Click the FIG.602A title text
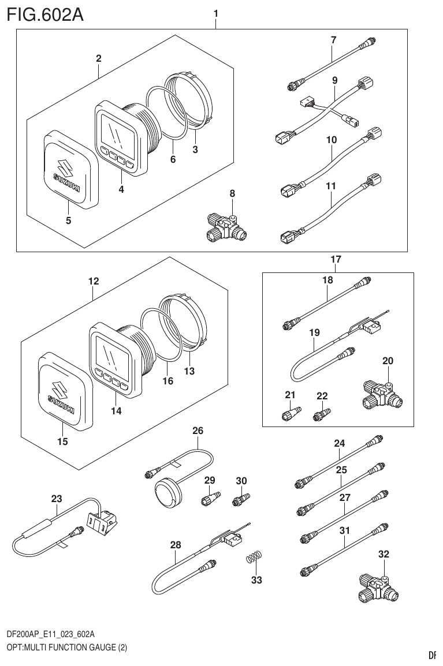tap(46, 14)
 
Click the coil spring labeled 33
tap(254, 559)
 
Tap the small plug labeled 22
tap(321, 415)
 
